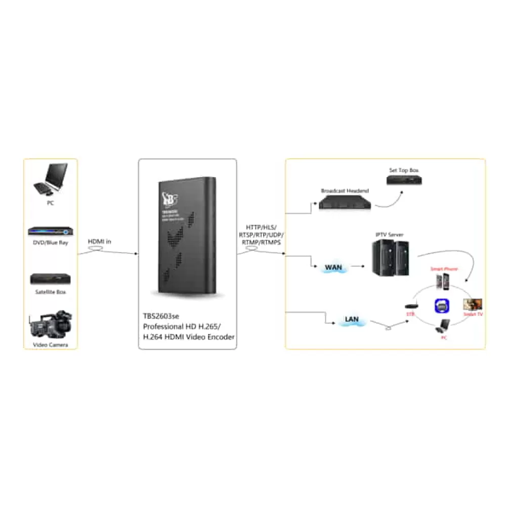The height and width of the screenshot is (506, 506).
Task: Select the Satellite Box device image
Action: click(50, 279)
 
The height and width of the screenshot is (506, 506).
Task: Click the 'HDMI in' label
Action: click(100, 241)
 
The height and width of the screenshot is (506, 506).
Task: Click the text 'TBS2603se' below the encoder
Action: click(161, 314)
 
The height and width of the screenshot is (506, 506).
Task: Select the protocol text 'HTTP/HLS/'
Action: click(261, 228)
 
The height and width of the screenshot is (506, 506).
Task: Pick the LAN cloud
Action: click(352, 319)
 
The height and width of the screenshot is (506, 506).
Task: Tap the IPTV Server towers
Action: click(391, 257)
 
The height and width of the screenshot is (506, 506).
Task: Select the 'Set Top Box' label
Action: click(404, 170)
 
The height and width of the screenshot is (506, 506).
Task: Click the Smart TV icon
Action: click(473, 305)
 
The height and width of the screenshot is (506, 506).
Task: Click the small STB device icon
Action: click(410, 306)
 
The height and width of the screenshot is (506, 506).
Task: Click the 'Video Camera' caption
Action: click(50, 345)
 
